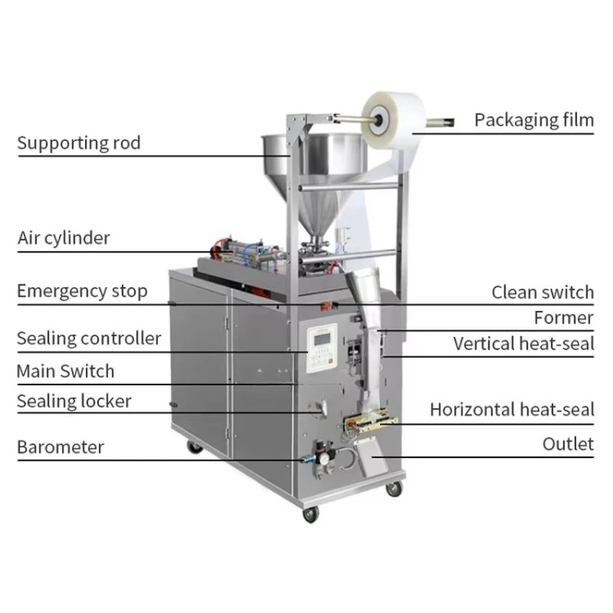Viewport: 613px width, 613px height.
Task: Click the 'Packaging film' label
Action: click(534, 120)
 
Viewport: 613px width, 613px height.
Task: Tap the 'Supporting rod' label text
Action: click(79, 143)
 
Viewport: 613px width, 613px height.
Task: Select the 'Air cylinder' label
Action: click(64, 238)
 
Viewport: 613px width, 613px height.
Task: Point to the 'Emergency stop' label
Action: click(82, 291)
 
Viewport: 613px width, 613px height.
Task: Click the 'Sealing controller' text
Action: click(89, 339)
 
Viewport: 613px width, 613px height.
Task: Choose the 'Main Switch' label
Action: click(65, 372)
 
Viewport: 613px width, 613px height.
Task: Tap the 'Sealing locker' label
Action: click(74, 401)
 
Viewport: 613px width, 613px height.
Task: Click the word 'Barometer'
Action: click(61, 447)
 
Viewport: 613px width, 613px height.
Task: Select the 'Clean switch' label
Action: click(543, 293)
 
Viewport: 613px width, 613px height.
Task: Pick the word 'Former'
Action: click(564, 318)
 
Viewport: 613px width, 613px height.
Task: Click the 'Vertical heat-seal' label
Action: click(523, 343)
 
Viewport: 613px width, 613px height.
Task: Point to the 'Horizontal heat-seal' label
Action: click(512, 410)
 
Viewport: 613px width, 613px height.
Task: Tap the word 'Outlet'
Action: click(568, 444)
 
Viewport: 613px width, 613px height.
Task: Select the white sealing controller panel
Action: click(322, 349)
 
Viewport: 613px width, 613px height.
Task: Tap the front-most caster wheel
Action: click(311, 513)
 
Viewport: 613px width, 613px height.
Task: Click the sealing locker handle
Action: click(319, 408)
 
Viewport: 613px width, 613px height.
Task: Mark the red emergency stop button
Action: click(324, 306)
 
